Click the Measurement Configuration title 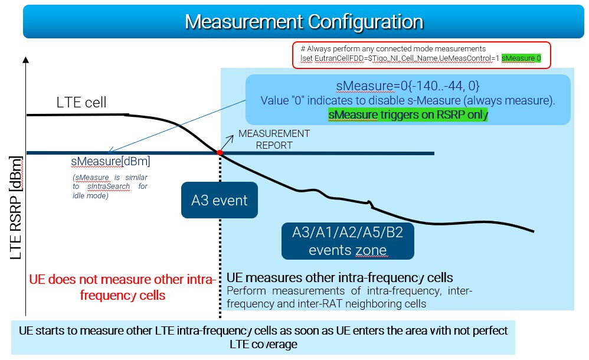pos(303,21)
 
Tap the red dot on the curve pos(220,152)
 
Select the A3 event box pos(220,200)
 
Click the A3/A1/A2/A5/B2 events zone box pos(347,241)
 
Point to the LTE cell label pos(81,102)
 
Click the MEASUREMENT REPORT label pos(274,139)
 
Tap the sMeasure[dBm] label pos(110,161)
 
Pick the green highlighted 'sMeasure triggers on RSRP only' pos(408,114)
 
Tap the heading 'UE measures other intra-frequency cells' pos(340,277)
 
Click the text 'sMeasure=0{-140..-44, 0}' pos(408,86)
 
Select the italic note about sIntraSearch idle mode pos(110,186)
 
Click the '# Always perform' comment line pos(392,48)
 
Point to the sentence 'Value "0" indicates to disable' pos(408,100)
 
